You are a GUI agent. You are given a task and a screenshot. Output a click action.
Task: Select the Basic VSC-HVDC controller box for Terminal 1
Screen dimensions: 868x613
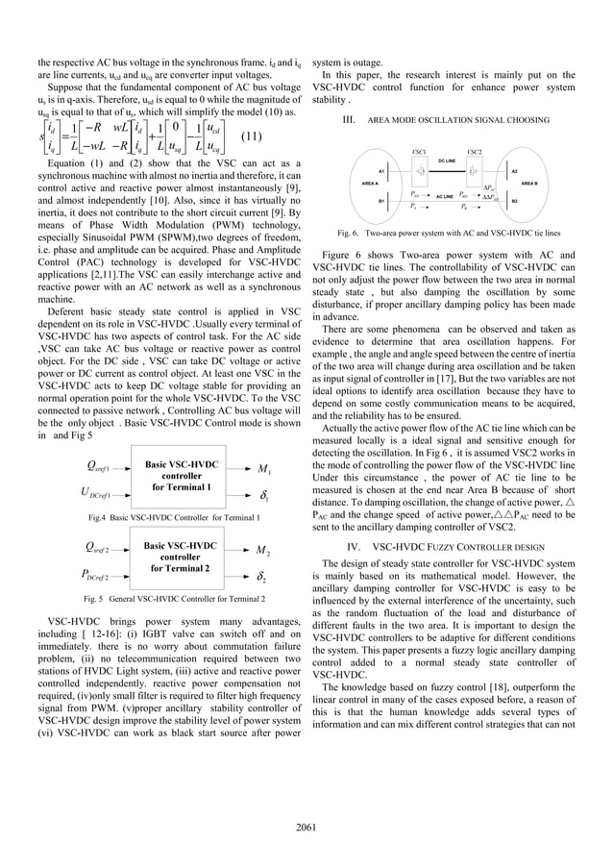[x=181, y=477]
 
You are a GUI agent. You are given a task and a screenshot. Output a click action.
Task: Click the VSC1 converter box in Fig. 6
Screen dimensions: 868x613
[x=420, y=170]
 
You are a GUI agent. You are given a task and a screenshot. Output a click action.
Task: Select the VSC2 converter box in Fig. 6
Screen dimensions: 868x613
[x=474, y=170]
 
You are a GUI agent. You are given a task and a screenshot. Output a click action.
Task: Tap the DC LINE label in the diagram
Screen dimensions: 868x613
[x=447, y=161]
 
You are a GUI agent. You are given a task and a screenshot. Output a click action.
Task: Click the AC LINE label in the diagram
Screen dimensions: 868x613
[x=445, y=195]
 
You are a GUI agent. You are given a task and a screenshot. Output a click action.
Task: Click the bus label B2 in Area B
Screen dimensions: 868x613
[x=514, y=200]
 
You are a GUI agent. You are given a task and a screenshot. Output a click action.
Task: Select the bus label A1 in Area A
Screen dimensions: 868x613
[x=381, y=170]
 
